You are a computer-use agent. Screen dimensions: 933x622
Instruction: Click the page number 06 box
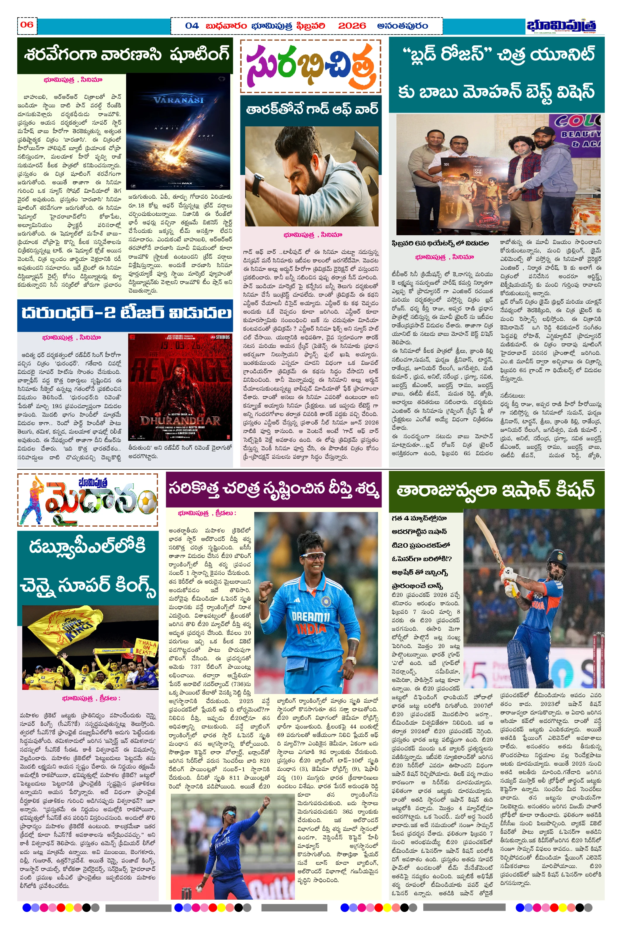(27, 25)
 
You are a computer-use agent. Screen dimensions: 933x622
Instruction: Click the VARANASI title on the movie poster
(178, 100)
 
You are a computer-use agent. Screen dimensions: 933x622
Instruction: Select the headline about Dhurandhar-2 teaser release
(125, 313)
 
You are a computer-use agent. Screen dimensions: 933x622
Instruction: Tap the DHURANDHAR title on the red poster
(180, 420)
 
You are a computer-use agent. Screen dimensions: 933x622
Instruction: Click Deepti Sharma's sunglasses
(313, 557)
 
